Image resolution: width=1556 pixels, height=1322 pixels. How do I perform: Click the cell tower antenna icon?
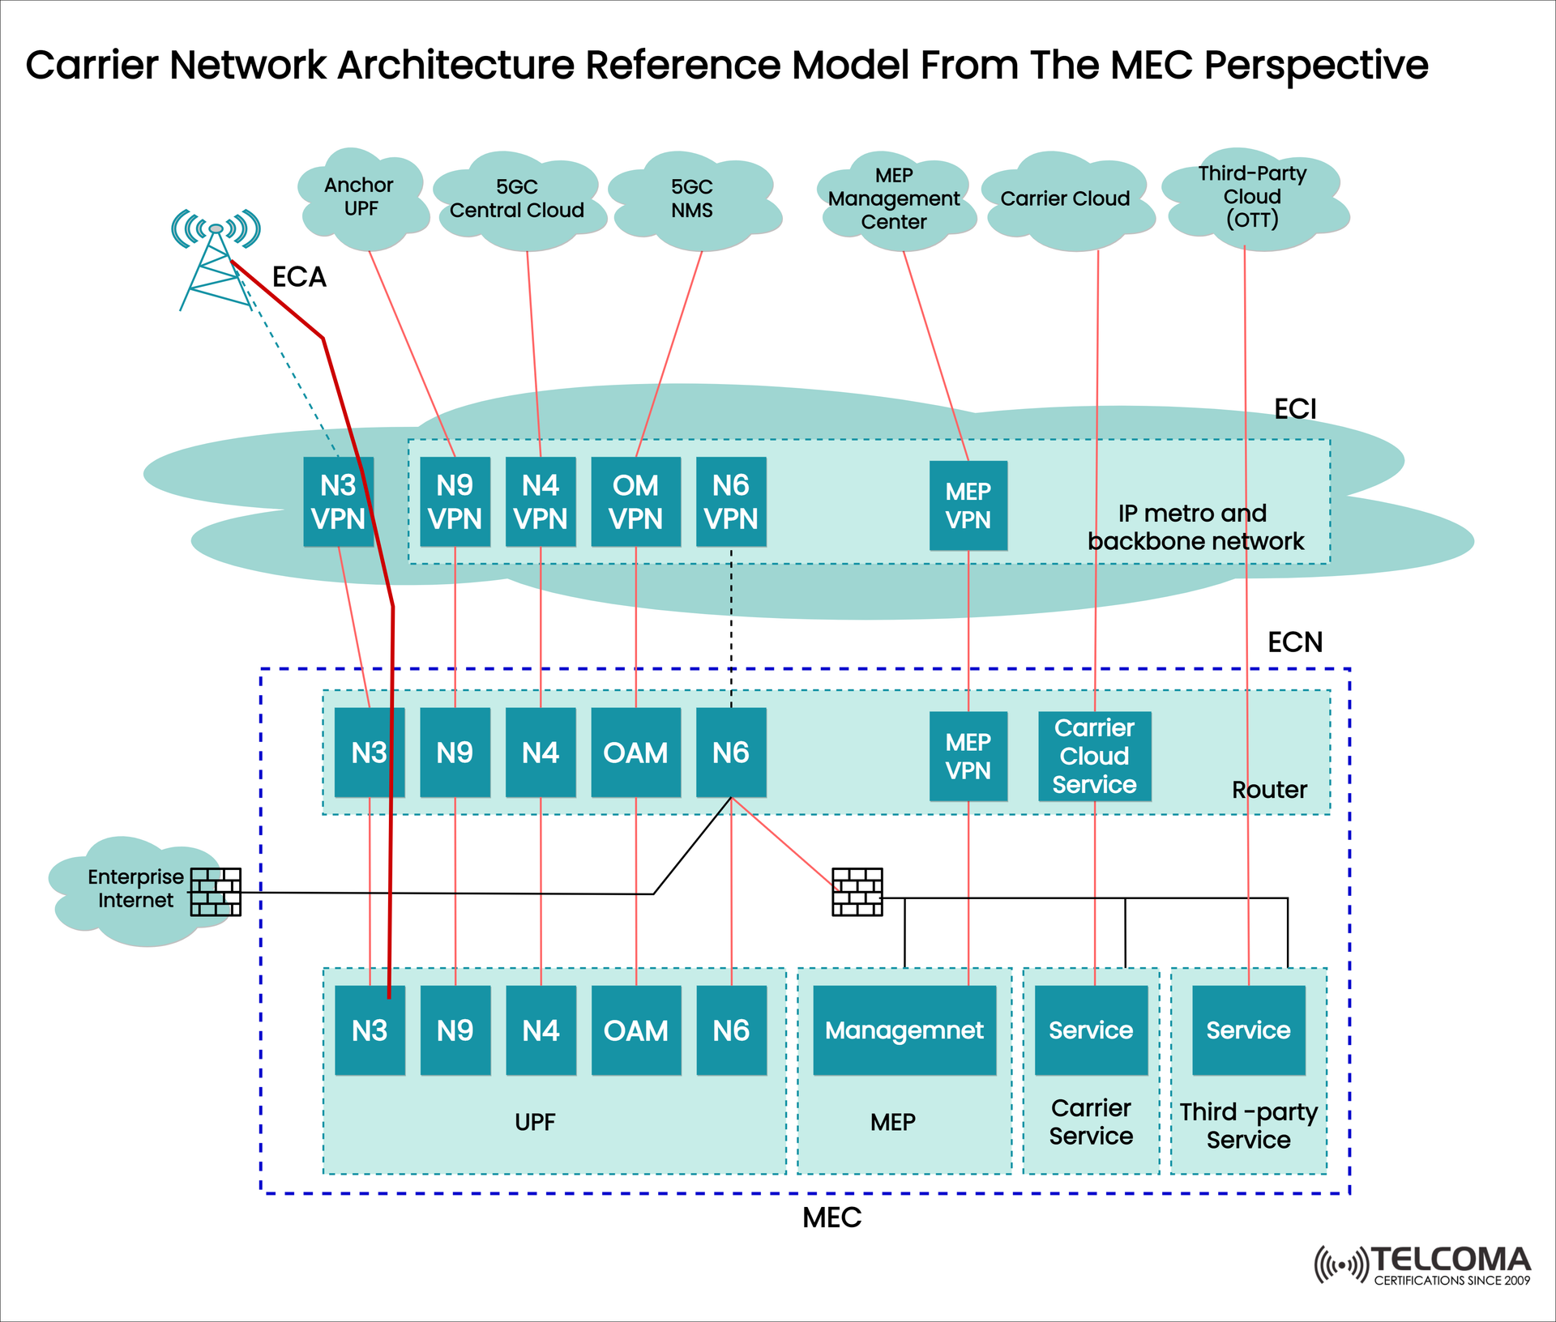[215, 259]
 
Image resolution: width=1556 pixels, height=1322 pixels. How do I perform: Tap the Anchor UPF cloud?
[360, 198]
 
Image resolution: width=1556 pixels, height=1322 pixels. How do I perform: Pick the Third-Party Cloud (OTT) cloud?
[1252, 198]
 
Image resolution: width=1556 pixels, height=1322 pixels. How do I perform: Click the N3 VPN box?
[338, 501]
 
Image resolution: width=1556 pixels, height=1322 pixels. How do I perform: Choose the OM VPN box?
[635, 501]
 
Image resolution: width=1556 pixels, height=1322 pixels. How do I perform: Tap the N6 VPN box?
[730, 501]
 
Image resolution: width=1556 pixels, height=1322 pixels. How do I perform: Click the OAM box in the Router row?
[635, 753]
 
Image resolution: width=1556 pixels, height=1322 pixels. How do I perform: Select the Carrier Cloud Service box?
[1094, 756]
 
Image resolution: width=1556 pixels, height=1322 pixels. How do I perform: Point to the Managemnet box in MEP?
[904, 1030]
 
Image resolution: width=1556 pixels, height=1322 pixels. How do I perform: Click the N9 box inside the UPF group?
[455, 1030]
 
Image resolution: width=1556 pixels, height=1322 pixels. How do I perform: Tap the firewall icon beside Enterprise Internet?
[216, 892]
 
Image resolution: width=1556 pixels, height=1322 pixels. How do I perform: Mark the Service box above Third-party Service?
[1248, 1030]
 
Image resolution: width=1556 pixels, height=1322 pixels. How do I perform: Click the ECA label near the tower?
[299, 278]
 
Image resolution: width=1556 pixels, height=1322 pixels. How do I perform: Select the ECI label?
[1294, 409]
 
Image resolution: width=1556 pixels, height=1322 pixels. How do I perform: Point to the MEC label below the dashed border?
[831, 1218]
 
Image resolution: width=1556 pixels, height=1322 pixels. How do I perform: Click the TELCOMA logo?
[1423, 1264]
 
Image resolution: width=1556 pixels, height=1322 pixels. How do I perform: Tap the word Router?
[1269, 790]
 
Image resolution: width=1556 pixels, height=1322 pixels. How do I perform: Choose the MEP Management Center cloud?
[893, 199]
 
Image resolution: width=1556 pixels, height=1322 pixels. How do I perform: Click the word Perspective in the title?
[1315, 65]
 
